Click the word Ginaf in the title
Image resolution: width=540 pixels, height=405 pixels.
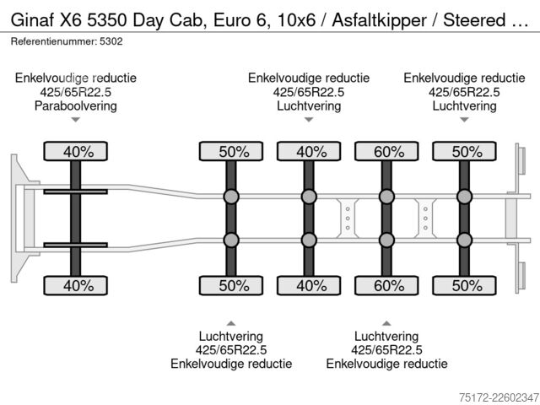pos(32,20)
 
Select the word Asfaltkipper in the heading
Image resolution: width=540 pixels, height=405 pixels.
pos(379,20)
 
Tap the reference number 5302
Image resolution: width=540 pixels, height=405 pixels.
pos(111,41)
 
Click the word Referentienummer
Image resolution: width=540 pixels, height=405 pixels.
pos(53,41)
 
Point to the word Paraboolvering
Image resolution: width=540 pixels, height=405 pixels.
pos(76,105)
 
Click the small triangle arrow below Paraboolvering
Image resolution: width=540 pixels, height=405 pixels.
pos(75,120)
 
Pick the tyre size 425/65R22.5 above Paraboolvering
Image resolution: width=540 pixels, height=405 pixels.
pos(76,92)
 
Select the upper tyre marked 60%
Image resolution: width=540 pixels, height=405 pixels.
pos(386,151)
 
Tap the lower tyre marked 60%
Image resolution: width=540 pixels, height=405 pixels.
pos(386,285)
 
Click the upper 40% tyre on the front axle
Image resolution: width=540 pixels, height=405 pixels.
pos(75,151)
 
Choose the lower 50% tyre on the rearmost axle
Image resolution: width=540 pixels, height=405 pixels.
pos(464,285)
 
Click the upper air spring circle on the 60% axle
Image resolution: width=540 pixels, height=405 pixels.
pos(386,197)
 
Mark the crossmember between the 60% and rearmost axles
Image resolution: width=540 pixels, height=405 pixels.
pos(425,218)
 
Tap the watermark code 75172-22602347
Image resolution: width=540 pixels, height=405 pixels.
pos(499,397)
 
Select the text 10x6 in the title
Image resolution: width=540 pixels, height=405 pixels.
pos(296,20)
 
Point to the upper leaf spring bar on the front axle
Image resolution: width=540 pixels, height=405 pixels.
pos(75,192)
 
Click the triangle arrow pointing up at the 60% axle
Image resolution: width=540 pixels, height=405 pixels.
pos(386,323)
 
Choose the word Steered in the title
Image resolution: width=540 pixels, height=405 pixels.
pos(474,20)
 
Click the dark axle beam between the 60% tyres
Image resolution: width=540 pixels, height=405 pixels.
pos(386,219)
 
